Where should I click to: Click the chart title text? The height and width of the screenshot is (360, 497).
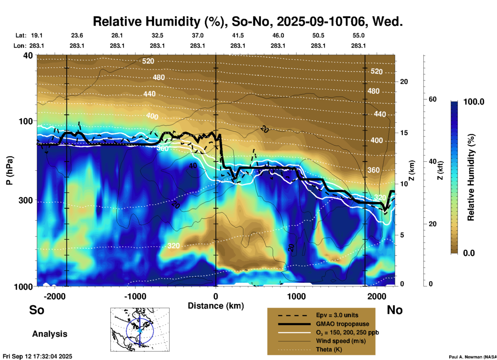tap(247, 21)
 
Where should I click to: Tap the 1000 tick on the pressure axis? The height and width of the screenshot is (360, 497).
tap(25, 286)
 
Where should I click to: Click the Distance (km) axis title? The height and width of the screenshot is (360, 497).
tap(216, 306)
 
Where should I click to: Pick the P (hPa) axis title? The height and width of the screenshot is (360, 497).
tap(10, 170)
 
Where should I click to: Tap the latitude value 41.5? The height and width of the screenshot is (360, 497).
tap(238, 35)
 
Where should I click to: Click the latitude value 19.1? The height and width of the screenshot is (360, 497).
tap(37, 35)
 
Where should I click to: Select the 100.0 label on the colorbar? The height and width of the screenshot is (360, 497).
tap(474, 102)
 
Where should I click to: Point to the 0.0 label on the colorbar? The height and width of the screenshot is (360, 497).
tap(469, 253)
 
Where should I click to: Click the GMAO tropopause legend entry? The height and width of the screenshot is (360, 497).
tap(342, 324)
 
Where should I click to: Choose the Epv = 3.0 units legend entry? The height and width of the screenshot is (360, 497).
tap(337, 315)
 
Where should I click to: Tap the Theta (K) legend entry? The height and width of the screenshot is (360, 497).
tap(329, 349)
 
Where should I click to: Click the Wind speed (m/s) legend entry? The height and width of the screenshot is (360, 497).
tap(341, 341)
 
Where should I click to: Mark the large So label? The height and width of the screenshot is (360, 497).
tap(37, 310)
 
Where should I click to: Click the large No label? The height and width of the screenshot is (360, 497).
tap(395, 310)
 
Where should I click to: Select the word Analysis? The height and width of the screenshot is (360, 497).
tap(50, 334)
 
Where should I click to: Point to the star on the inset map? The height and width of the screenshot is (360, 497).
tap(140, 331)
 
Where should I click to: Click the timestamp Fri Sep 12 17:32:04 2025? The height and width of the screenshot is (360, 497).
tap(37, 356)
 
